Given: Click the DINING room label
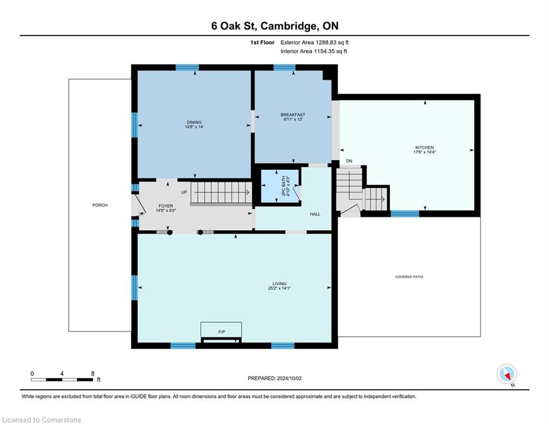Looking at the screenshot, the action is tap(194, 123).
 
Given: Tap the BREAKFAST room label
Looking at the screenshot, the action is tap(292, 115).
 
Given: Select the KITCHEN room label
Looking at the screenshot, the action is tap(424, 147).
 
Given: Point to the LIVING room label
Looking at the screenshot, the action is tap(279, 283).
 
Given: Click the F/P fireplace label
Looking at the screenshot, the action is tap(221, 331).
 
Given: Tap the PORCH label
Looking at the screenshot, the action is tap(100, 205).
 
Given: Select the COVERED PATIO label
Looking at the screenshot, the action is tap(409, 277).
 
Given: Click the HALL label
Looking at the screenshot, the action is tap(315, 214).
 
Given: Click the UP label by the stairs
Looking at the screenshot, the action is tap(184, 192).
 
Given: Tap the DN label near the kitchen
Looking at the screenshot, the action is tap(349, 161).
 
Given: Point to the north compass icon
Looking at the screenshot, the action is tap(507, 374).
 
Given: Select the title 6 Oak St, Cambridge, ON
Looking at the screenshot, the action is tap(275, 26).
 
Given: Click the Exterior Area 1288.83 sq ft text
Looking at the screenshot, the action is tap(315, 43).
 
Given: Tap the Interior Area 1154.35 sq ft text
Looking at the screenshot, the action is tap(314, 51).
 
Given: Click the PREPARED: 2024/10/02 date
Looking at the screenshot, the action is tap(275, 378).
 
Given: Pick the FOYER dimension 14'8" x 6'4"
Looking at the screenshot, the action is tap(166, 210).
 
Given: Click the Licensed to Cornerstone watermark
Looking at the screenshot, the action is tap(41, 420).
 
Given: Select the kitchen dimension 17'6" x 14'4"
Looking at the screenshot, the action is tap(424, 152).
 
